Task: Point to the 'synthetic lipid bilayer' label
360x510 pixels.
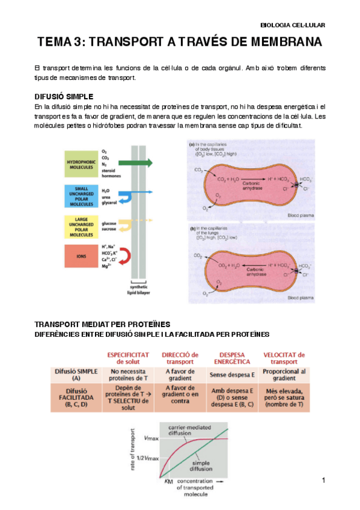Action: tap(139, 289)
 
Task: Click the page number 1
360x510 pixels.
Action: tap(323, 481)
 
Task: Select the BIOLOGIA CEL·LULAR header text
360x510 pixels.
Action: tap(292, 25)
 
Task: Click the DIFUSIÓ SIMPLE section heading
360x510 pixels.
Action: tap(64, 97)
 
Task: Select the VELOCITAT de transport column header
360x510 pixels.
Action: tap(284, 358)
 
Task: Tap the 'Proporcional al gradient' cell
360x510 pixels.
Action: tap(284, 375)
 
